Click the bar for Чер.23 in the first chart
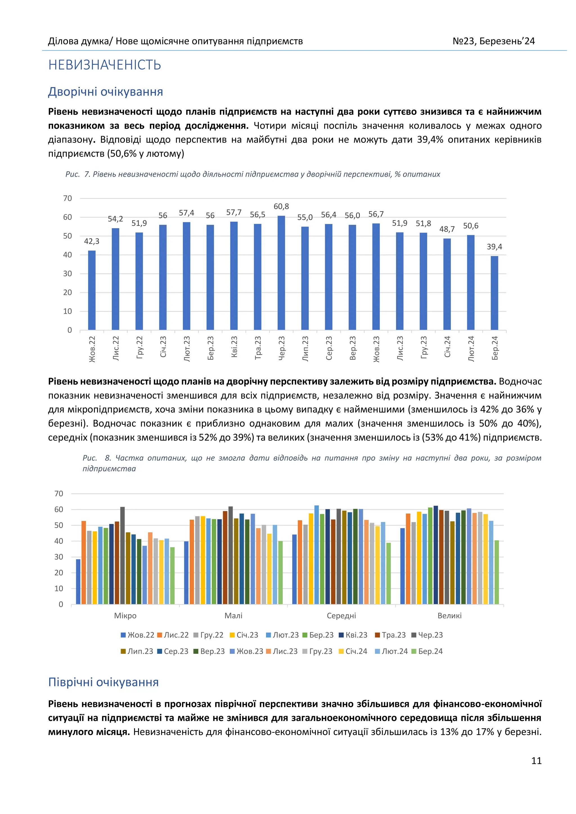click(281, 273)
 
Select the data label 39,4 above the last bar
click(494, 247)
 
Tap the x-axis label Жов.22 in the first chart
click(92, 349)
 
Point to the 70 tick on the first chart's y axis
click(67, 198)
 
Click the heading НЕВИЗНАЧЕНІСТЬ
click(105, 65)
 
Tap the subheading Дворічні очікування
click(106, 92)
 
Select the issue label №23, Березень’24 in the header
click(493, 42)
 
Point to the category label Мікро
click(125, 616)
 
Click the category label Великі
click(449, 616)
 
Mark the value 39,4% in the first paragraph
click(430, 140)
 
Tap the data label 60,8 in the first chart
click(281, 206)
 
